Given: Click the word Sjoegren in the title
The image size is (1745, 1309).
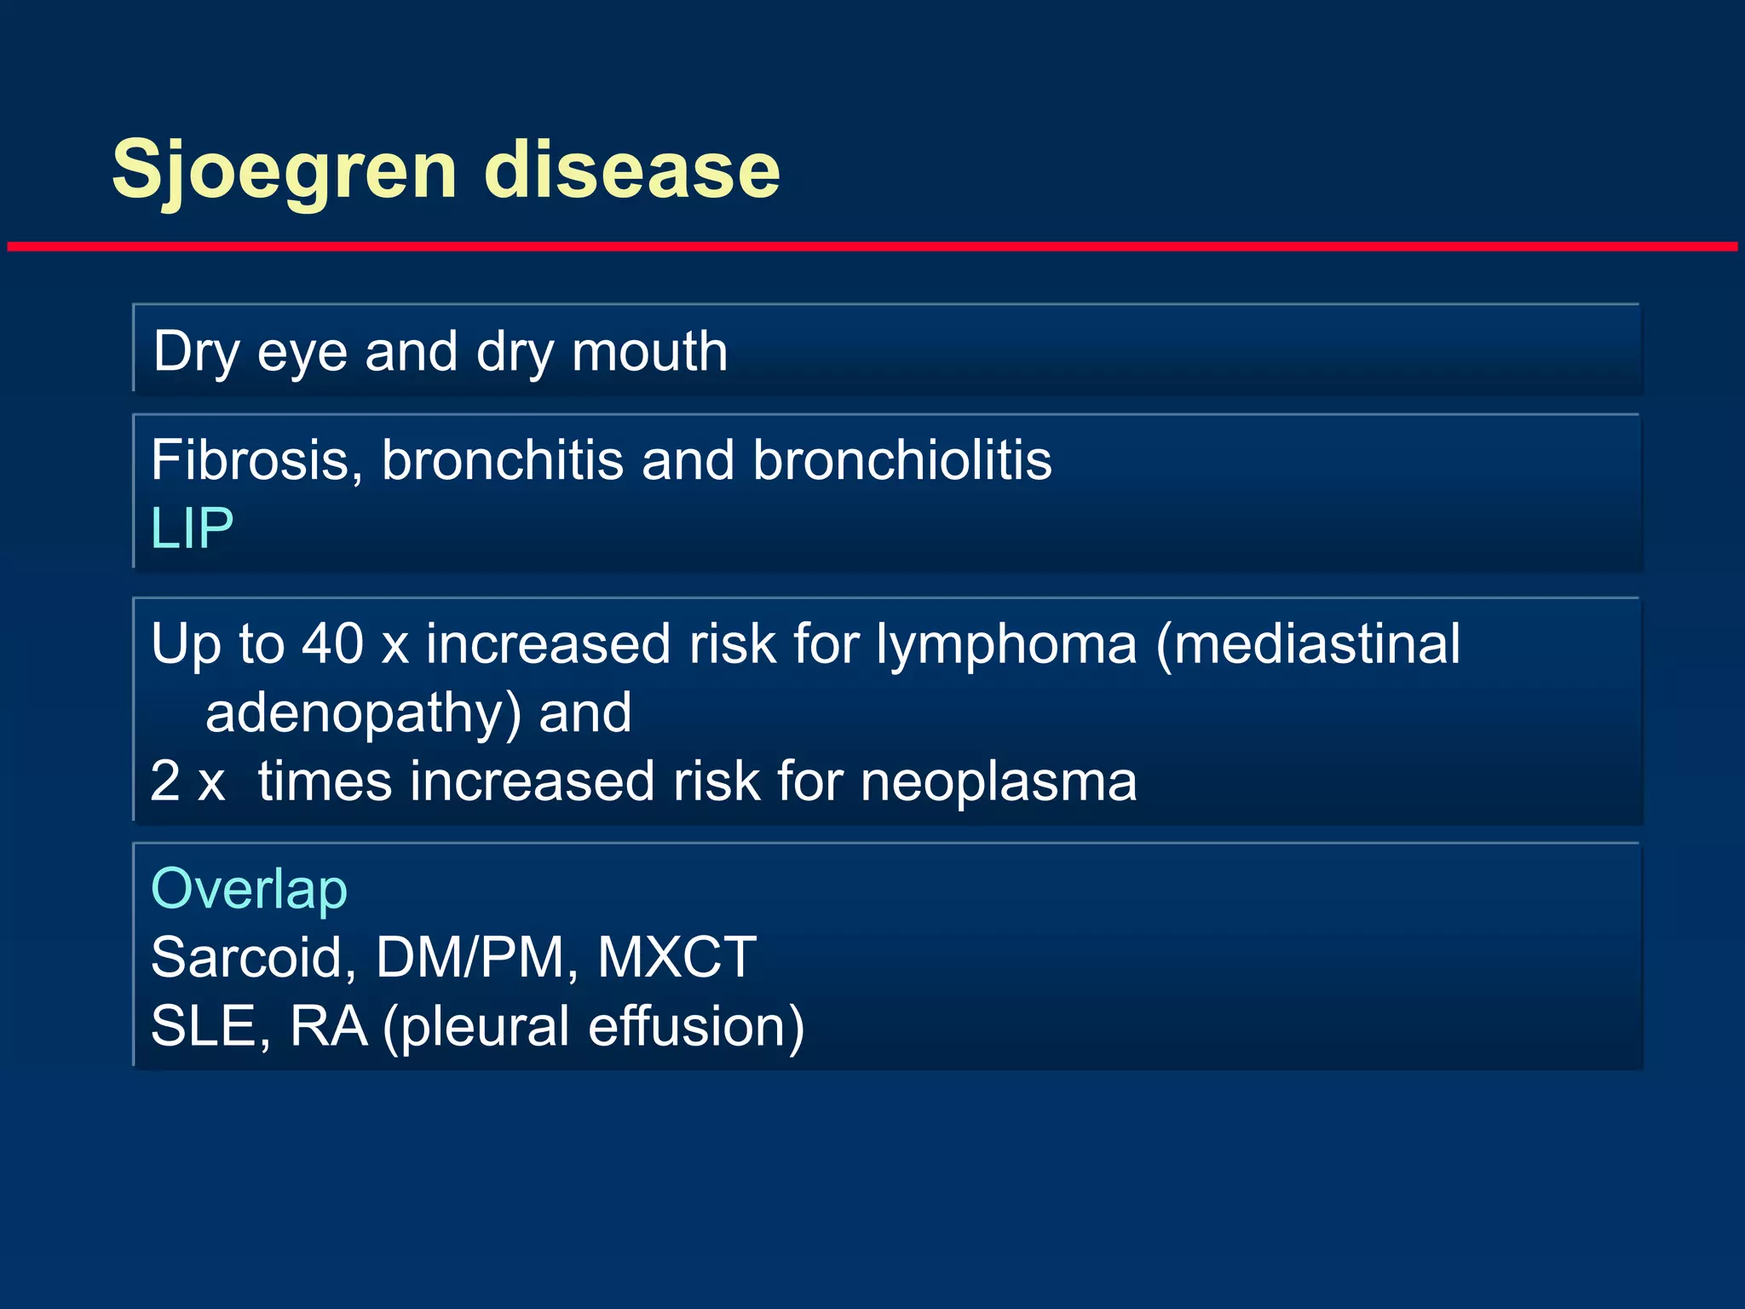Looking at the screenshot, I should pyautogui.click(x=285, y=170).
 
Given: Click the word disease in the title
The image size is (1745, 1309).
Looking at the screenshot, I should pyautogui.click(x=631, y=170).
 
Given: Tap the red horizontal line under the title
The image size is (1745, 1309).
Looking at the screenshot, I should pyautogui.click(x=872, y=246).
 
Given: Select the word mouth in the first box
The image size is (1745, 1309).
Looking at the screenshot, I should pyautogui.click(x=649, y=351).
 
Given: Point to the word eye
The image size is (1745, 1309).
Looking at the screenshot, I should pyautogui.click(x=302, y=353).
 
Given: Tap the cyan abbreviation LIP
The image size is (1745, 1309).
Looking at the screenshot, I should pyautogui.click(x=192, y=528).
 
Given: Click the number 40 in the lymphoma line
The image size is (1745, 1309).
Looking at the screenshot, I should pyautogui.click(x=332, y=643).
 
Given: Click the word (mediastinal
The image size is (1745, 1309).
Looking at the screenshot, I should pyautogui.click(x=1308, y=643).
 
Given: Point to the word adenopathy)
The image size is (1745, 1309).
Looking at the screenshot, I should pyautogui.click(x=363, y=714).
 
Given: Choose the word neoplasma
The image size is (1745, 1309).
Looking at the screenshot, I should pyautogui.click(x=998, y=781).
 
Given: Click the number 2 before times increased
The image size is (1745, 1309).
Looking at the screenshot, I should pyautogui.click(x=165, y=781).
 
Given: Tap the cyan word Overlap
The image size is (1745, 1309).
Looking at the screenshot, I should pyautogui.click(x=249, y=890).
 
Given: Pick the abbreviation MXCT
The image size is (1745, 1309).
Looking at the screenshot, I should pyautogui.click(x=677, y=957).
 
